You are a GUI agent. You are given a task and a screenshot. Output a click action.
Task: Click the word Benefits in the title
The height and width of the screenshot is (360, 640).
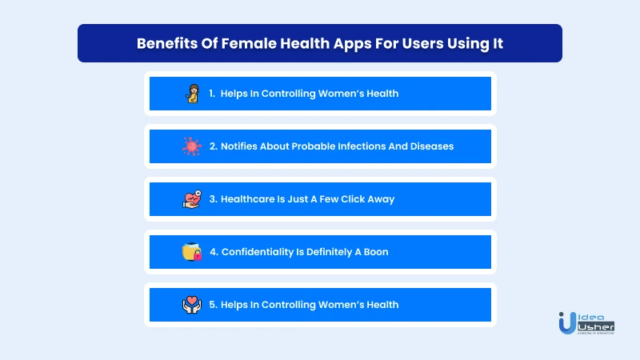click(167, 43)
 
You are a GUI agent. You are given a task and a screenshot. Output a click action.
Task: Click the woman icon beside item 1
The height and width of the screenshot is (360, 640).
click(192, 94)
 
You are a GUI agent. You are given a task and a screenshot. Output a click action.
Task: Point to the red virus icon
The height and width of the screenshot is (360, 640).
click(192, 146)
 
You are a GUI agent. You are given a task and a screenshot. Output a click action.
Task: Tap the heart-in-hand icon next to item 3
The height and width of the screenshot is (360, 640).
click(192, 199)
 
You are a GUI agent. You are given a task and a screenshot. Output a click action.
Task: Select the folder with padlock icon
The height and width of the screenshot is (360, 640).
click(192, 252)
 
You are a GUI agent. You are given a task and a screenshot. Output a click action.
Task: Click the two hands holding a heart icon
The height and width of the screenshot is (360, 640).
click(192, 305)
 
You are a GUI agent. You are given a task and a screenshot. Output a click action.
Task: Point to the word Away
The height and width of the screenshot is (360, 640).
click(382, 199)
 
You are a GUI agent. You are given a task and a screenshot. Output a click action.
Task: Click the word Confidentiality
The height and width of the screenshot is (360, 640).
click(257, 252)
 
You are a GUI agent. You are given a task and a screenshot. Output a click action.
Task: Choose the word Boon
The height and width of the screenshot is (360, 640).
click(376, 252)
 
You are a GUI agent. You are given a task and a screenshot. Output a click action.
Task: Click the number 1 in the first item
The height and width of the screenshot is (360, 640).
click(211, 94)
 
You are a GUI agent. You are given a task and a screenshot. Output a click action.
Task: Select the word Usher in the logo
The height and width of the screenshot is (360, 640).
click(596, 327)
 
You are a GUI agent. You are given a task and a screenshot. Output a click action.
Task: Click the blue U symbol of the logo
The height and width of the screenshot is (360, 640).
click(567, 323)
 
